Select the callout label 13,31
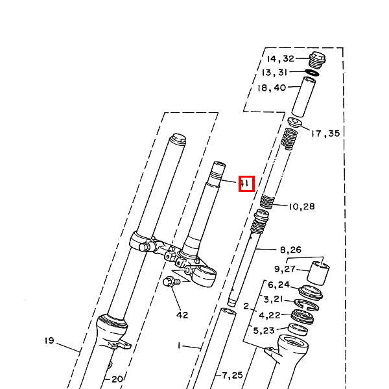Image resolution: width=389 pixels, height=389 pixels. [x=274, y=73]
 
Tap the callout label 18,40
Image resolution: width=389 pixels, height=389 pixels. [x=272, y=88]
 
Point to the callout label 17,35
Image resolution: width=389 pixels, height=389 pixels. [x=325, y=134]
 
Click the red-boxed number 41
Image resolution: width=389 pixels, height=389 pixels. [x=246, y=183]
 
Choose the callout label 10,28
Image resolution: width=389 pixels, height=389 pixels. [x=301, y=206]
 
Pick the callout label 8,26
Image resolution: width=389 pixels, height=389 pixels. [x=290, y=250]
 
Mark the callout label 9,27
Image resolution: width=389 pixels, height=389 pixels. [x=285, y=269]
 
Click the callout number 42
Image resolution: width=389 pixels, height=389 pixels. [x=182, y=315]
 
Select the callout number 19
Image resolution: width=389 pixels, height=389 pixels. [x=49, y=340]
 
